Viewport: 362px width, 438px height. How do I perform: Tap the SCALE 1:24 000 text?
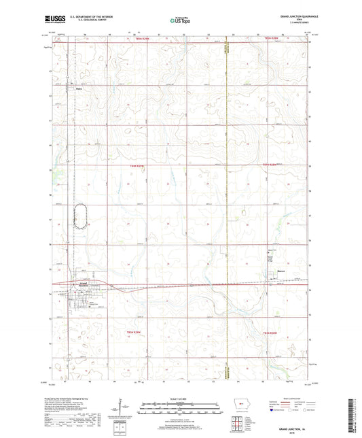pyautogui.click(x=180, y=398)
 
